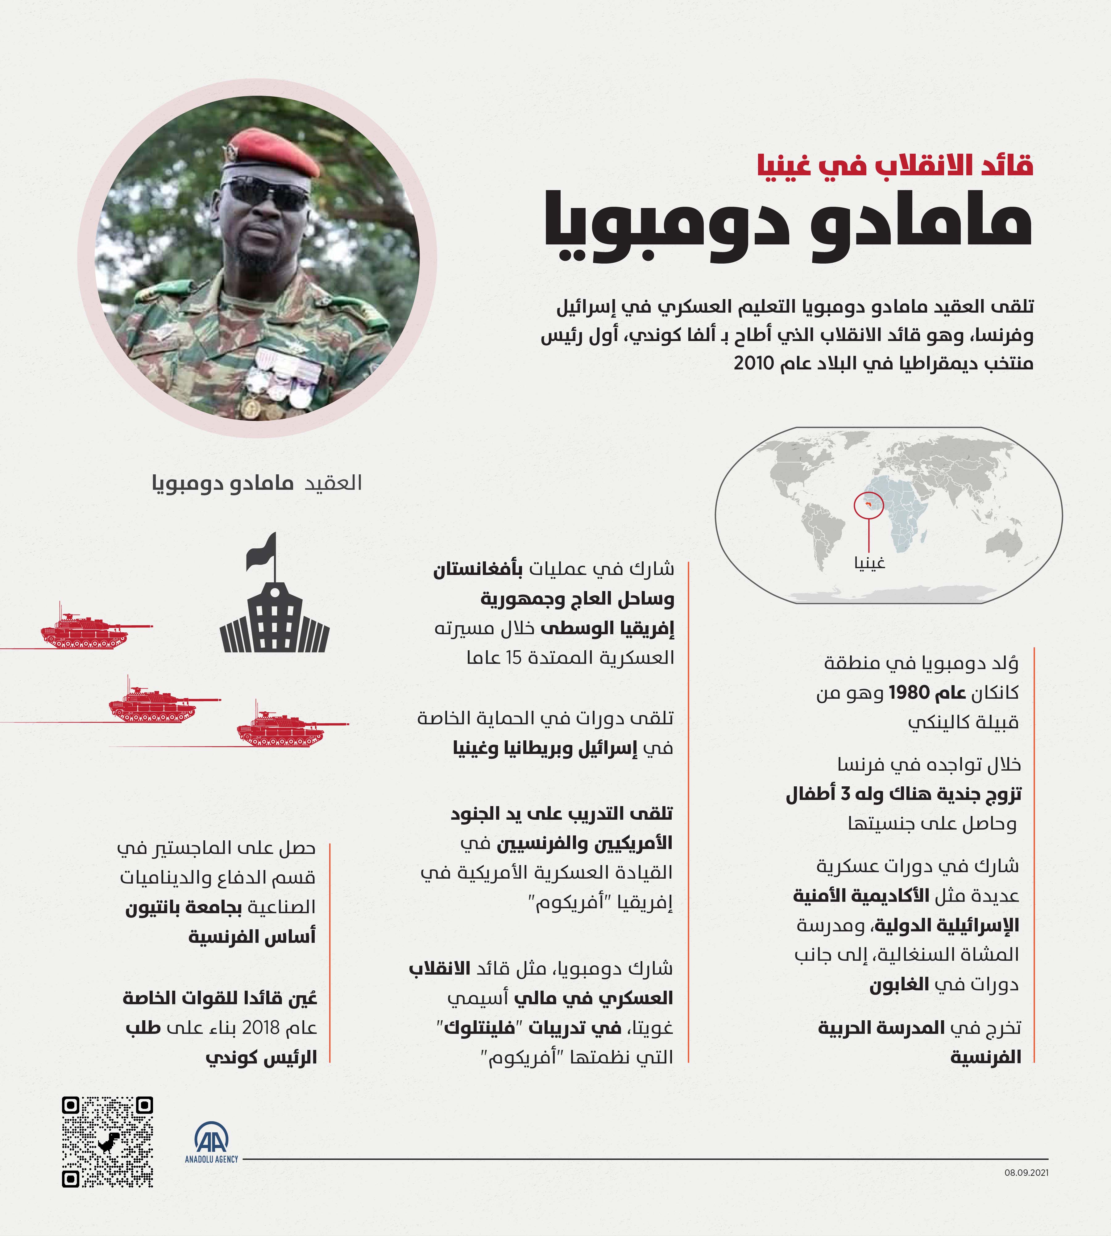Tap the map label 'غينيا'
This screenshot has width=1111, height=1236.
click(869, 562)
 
